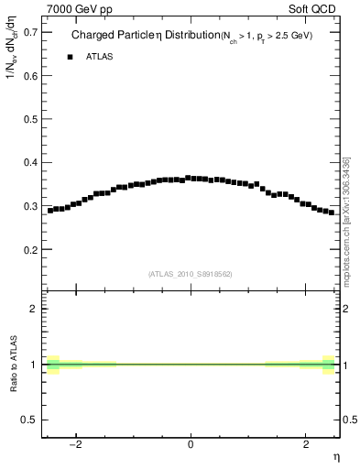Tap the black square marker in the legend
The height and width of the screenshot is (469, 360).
coord(70,57)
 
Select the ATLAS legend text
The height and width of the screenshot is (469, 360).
coord(100,57)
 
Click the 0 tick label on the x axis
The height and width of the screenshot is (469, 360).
coord(191,444)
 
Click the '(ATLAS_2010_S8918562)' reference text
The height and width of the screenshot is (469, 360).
coord(191,274)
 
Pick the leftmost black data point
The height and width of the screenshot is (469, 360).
coord(51,211)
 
